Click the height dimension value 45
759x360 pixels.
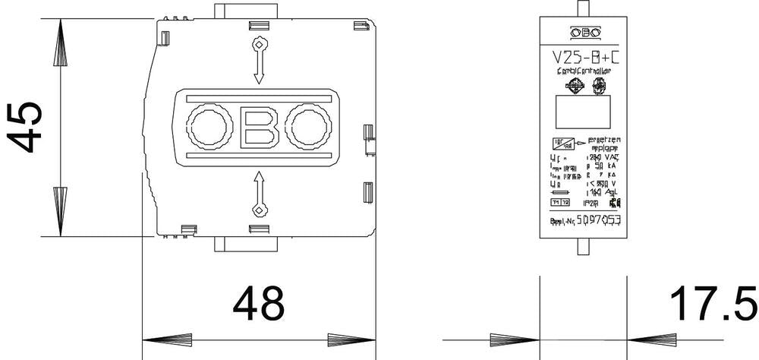[x=24, y=127]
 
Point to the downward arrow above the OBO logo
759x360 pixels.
[x=258, y=61]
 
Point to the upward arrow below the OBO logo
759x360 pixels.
[x=258, y=194]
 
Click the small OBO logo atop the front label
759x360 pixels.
[x=584, y=32]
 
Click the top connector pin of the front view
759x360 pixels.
[x=584, y=8]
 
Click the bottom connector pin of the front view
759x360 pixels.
[x=584, y=248]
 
